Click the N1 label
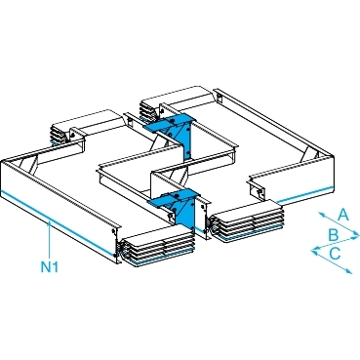(x=50, y=267)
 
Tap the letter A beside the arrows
(x=342, y=216)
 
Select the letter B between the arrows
(x=333, y=235)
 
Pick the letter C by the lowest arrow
(x=335, y=254)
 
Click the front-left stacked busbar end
(x=156, y=246)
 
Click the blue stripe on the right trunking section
(x=305, y=194)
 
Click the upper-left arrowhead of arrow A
(x=320, y=214)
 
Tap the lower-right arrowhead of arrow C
(x=349, y=271)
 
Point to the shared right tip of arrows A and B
(x=357, y=234)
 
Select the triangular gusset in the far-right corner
(x=307, y=155)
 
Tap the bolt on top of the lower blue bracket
(x=178, y=195)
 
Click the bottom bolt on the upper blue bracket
(x=187, y=152)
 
